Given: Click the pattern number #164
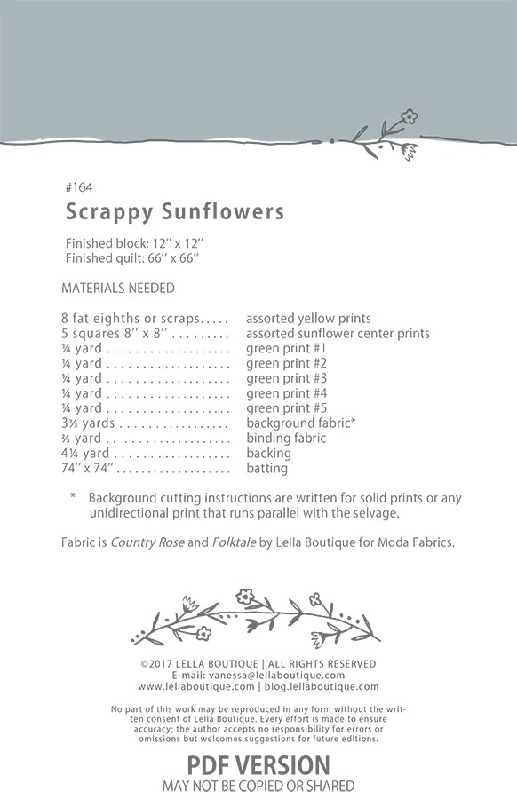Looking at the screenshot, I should click(x=79, y=187).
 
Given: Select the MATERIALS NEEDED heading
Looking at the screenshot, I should click(x=118, y=288).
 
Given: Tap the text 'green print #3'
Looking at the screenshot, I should click(x=286, y=378).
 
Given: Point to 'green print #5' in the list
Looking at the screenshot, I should click(x=286, y=408).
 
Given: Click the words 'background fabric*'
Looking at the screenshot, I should click(x=301, y=423).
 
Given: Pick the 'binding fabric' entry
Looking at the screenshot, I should click(x=286, y=439).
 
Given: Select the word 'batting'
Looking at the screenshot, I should click(x=266, y=469).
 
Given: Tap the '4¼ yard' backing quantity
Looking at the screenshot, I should click(x=85, y=454).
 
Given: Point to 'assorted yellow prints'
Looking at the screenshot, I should click(x=308, y=318).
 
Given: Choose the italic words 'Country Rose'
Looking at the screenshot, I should click(x=147, y=542).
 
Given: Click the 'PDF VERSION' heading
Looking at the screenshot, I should click(x=258, y=764).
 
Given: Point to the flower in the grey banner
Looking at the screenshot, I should click(x=408, y=116).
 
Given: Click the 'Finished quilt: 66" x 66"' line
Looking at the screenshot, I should click(x=132, y=257).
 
